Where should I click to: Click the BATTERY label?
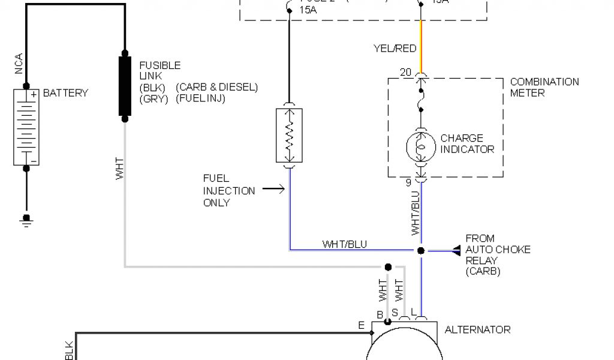[x=65, y=93]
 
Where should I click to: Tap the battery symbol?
[x=26, y=127]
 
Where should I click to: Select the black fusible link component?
[x=125, y=86]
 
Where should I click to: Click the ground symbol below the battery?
[x=26, y=220]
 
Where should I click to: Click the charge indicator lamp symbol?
[x=420, y=146]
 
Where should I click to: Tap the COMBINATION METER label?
[x=544, y=87]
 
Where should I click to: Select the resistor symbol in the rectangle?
[x=289, y=136]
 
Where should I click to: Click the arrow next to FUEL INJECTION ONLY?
[x=272, y=190]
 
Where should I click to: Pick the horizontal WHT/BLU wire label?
[x=345, y=244]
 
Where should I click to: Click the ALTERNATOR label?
[x=477, y=329]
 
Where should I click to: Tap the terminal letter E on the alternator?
[x=361, y=325]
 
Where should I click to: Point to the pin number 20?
[x=405, y=73]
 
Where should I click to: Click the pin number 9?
[x=408, y=182]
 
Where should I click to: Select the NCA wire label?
[x=19, y=64]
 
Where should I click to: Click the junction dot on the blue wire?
[x=420, y=250]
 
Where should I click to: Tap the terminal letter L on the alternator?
[x=413, y=311]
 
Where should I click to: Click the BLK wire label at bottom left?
[x=69, y=351]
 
